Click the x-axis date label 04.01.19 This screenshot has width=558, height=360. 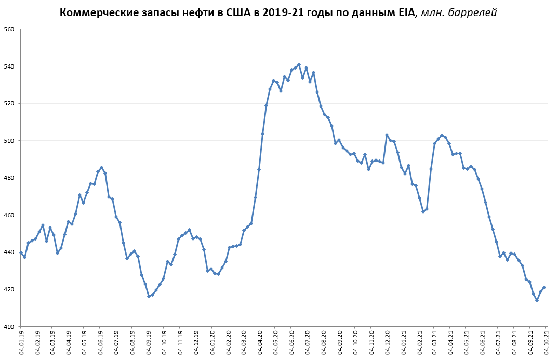pyautogui.click(x=21, y=341)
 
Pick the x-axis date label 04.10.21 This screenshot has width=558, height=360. pyautogui.click(x=546, y=341)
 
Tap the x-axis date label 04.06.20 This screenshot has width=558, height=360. pyautogui.click(x=291, y=341)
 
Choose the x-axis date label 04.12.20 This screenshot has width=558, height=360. pyautogui.click(x=387, y=341)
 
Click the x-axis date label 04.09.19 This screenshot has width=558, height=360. pyautogui.click(x=149, y=341)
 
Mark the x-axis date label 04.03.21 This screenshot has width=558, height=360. pyautogui.click(x=435, y=341)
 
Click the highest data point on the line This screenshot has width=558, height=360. pyautogui.click(x=299, y=65)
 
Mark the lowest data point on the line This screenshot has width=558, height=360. pyautogui.click(x=537, y=300)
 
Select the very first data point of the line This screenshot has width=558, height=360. pyautogui.click(x=21, y=252)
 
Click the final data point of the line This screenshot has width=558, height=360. pyautogui.click(x=544, y=287)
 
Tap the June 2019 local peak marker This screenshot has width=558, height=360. pyautogui.click(x=101, y=167)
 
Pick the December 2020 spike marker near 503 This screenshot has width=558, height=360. pyautogui.click(x=387, y=135)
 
